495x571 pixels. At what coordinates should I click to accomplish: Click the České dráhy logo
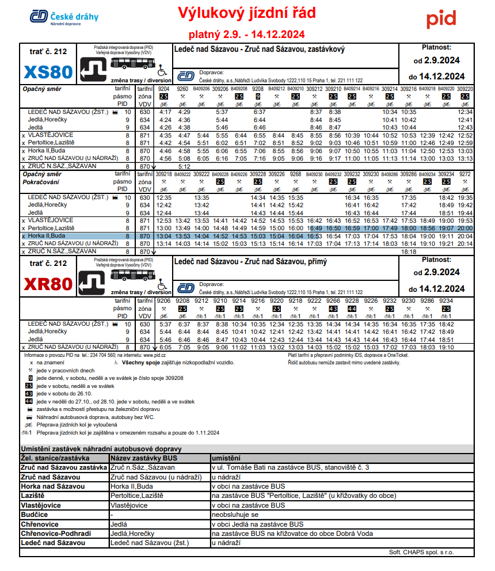click(x=64, y=17)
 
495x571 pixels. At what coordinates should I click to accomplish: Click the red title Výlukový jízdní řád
click(x=246, y=13)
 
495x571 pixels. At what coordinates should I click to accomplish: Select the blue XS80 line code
click(x=48, y=73)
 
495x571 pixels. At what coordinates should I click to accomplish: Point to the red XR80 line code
click(x=48, y=284)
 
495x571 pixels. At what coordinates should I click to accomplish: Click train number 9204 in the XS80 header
click(x=164, y=89)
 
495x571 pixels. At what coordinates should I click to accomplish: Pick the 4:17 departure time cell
click(x=166, y=112)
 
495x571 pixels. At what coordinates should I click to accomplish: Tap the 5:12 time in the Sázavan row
click(x=184, y=166)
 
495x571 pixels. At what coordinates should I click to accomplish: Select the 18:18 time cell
click(x=408, y=252)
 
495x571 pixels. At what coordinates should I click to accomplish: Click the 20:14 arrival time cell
click(x=465, y=243)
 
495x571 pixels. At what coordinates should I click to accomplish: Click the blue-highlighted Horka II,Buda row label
click(x=47, y=236)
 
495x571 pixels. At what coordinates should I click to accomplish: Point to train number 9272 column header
click(x=465, y=173)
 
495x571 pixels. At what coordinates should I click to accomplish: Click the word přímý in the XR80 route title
click(x=314, y=262)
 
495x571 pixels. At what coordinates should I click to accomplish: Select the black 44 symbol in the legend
click(x=29, y=401)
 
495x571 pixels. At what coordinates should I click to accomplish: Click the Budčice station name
click(x=35, y=515)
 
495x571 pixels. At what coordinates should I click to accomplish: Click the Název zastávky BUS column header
click(x=142, y=458)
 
